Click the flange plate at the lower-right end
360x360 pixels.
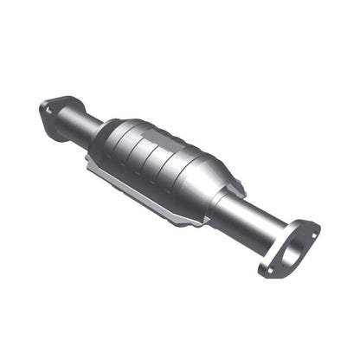(x=289, y=246)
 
